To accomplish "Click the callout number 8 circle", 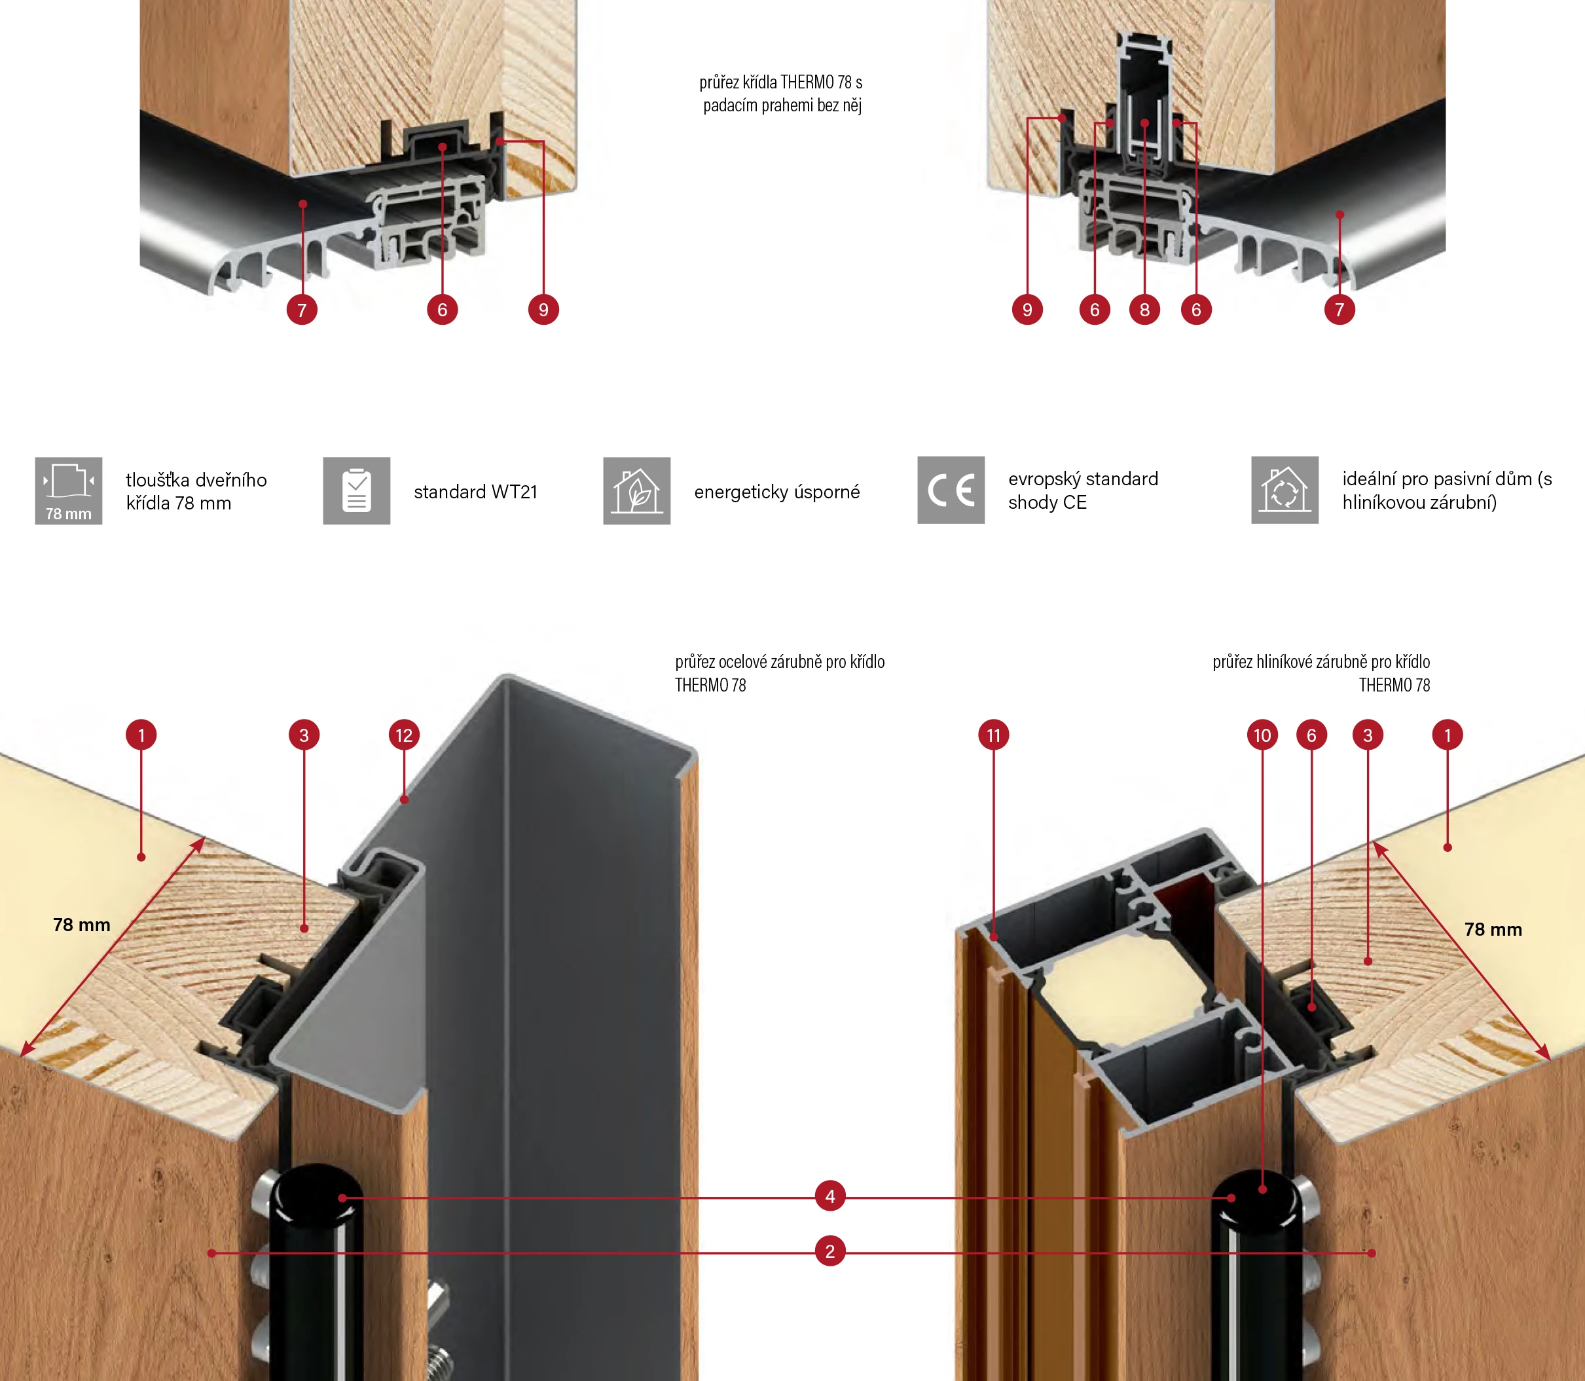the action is point(1144,310).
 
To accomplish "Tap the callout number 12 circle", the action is point(404,735).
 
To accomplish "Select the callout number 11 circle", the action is point(993,735).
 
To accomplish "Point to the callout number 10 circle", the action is point(1262,735).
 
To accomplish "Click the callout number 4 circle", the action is point(830,1196).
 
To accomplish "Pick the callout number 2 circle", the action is point(830,1251).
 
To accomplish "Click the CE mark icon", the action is point(951,490).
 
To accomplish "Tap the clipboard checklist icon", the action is point(357,491).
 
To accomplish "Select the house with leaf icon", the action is point(636,491).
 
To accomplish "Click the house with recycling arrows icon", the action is point(1284,490).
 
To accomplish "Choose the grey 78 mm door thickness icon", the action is point(69,491).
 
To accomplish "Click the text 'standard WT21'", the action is point(475,492).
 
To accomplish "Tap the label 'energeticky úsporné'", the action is point(776,492).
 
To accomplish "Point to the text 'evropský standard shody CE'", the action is point(1083,490).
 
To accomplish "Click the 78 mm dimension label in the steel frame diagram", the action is point(82,925).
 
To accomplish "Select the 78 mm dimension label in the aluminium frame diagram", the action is point(1493,929).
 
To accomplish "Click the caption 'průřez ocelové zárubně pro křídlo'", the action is point(780,662).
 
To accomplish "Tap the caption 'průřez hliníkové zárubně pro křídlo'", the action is point(1321,662).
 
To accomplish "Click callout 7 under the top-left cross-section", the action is point(302,310).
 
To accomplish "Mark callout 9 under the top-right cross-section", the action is point(1027,310).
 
